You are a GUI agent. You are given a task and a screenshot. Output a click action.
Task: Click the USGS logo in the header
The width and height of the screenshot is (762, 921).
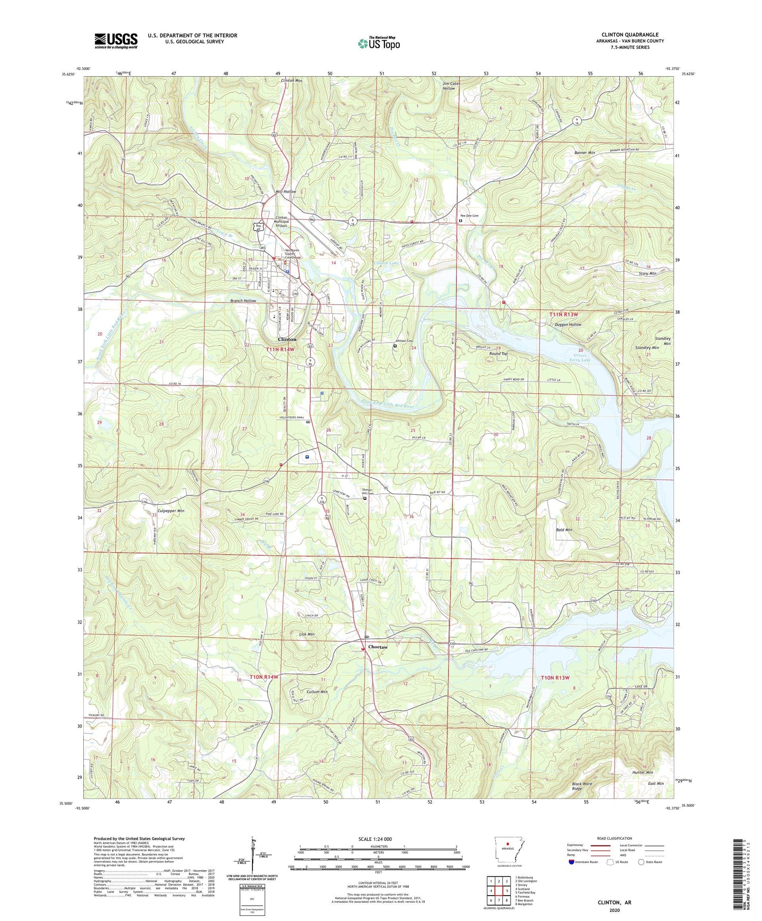116,41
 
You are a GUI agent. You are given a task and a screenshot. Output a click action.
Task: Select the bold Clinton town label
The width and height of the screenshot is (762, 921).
287,339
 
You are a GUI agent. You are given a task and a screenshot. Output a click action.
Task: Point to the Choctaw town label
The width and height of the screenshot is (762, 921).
377,647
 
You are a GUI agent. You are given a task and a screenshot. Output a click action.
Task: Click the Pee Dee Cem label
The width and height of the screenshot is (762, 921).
469,216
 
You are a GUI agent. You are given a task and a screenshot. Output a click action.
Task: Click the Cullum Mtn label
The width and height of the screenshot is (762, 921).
316,691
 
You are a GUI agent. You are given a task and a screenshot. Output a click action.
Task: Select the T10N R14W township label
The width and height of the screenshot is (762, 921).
264,677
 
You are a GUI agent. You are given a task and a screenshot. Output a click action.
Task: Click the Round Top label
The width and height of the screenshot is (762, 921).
498,353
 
